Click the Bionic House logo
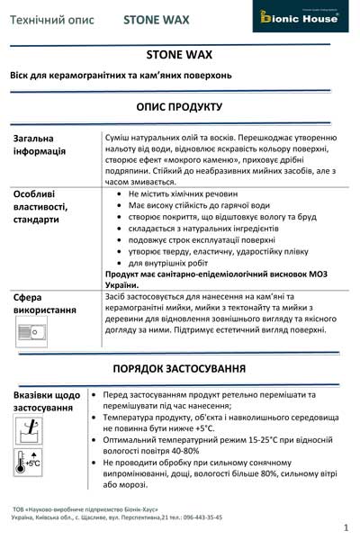click(x=309, y=17)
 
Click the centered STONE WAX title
click(x=179, y=53)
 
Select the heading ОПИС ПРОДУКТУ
click(x=179, y=106)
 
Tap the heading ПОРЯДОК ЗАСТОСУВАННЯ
click(x=179, y=369)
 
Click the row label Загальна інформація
click(x=40, y=145)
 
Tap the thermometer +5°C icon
click(x=28, y=463)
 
